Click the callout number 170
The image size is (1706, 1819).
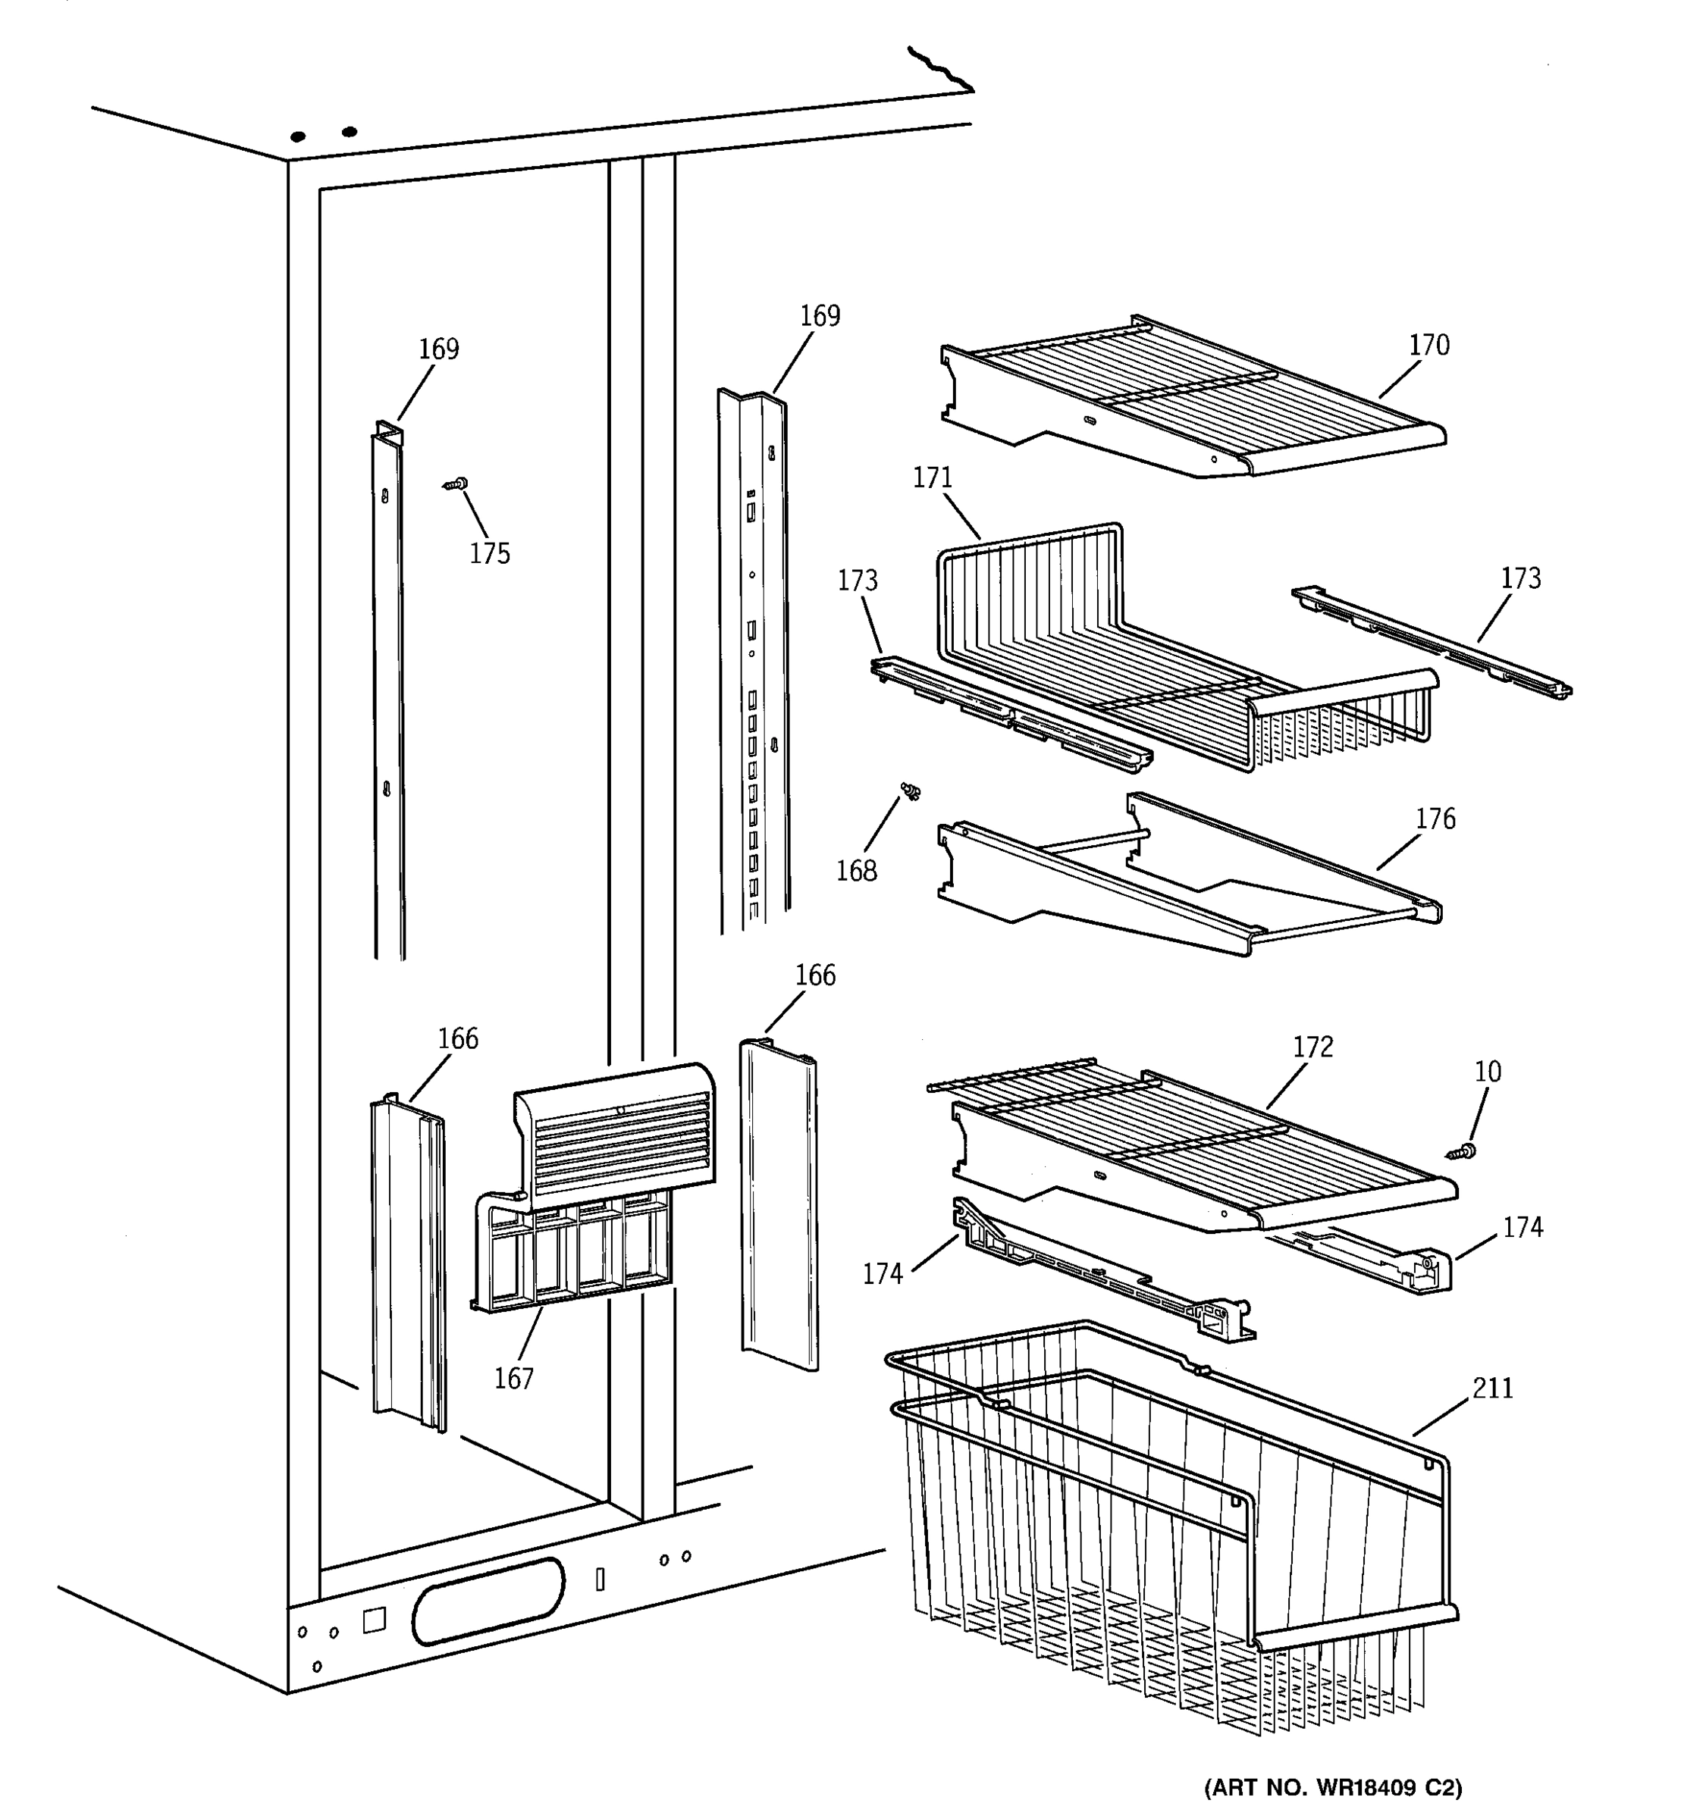coord(1428,345)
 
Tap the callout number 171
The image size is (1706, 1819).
coord(933,477)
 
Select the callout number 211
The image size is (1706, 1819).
coord(1493,1389)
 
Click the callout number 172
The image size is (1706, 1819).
coord(1313,1047)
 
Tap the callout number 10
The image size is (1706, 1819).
coord(1488,1072)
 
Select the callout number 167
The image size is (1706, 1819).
coord(513,1379)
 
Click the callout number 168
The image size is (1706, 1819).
coord(856,871)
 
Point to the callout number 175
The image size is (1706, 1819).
coord(490,553)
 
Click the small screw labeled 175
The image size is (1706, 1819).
coord(456,484)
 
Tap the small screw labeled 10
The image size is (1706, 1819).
coord(1463,1152)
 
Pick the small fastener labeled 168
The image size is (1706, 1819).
coord(910,791)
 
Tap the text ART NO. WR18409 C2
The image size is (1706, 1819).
coord(1331,1787)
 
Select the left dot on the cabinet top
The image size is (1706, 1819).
coord(297,137)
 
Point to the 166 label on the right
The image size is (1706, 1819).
coord(814,975)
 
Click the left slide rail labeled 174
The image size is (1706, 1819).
coord(1098,1276)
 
